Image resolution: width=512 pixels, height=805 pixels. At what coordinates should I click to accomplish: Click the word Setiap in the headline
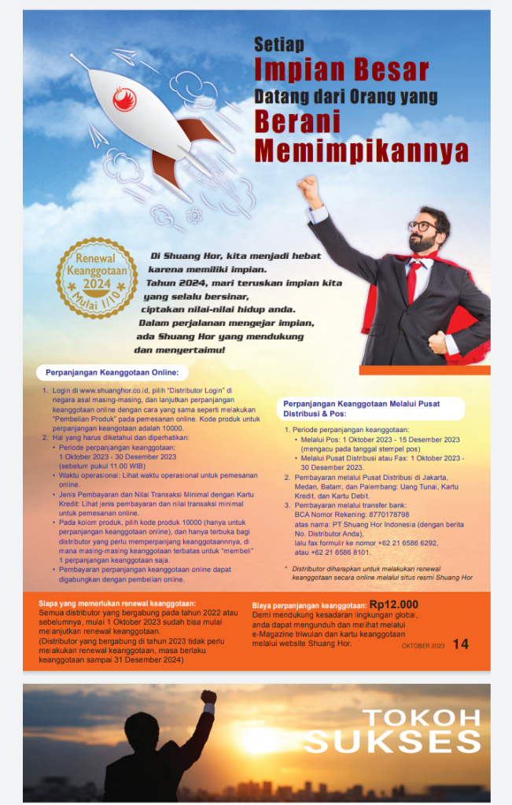click(278, 45)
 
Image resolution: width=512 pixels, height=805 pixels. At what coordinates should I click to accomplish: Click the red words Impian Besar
click(341, 70)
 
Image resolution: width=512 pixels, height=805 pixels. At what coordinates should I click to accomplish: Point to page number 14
click(460, 644)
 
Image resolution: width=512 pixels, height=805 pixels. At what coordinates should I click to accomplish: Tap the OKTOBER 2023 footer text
click(422, 645)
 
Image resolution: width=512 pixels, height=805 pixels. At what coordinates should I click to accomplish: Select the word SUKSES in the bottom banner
click(392, 741)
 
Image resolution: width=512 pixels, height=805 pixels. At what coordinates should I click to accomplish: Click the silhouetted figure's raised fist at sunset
click(208, 696)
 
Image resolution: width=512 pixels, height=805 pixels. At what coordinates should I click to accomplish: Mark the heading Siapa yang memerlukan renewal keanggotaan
click(117, 603)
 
